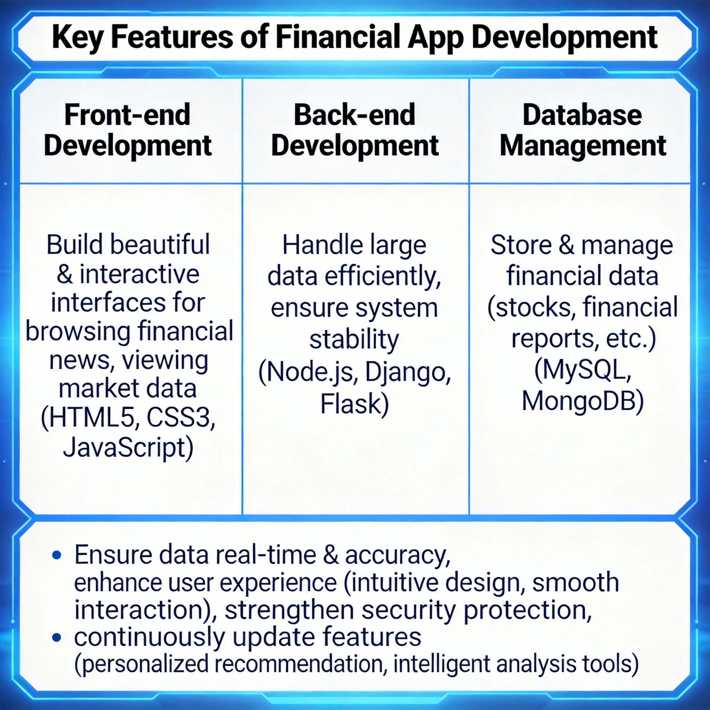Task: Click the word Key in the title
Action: pos(77,38)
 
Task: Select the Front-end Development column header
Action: pos(128,131)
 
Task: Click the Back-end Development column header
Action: pos(355,131)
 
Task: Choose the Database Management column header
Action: pos(582,131)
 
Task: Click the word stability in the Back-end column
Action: pos(354,340)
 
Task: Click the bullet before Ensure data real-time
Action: pos(57,555)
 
